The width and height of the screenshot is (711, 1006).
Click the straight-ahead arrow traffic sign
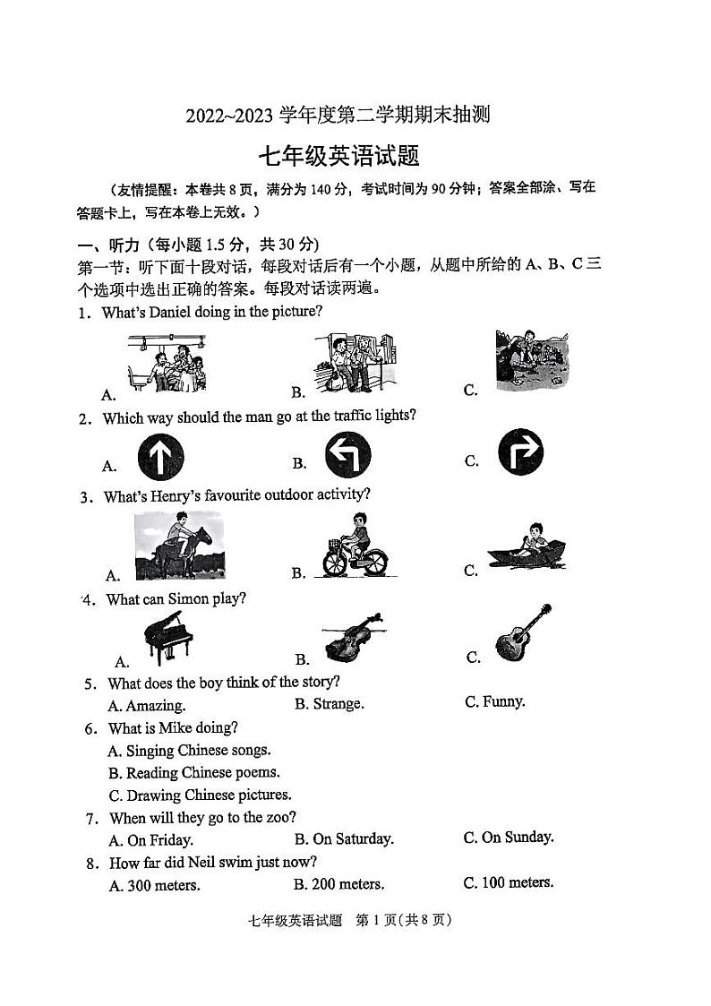tap(160, 456)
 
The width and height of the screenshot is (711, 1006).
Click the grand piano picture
tap(167, 638)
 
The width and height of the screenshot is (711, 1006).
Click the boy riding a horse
tap(179, 546)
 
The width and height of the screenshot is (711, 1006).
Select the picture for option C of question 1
tap(532, 360)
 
